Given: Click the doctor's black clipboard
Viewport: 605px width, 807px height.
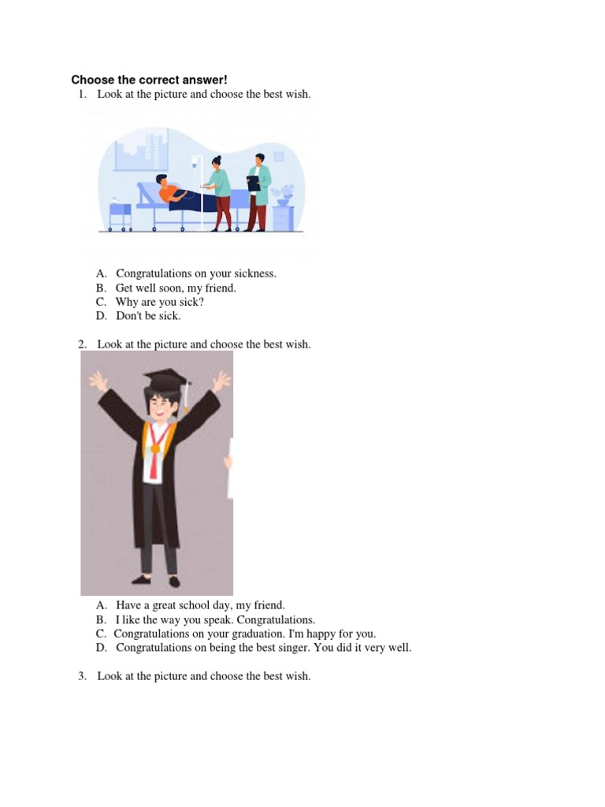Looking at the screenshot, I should point(254,183).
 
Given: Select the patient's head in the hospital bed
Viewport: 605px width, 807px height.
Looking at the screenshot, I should point(161,180).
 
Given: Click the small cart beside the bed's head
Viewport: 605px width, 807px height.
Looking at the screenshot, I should point(120,215).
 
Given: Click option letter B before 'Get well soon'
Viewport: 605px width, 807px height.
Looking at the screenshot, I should point(101,288).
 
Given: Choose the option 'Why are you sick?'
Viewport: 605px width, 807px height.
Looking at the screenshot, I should point(159,302).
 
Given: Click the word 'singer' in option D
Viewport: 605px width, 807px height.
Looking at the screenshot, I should point(303,648).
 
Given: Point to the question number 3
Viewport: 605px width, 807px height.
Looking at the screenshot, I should point(82,676).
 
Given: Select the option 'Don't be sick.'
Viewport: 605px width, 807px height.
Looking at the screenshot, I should point(148,316).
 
